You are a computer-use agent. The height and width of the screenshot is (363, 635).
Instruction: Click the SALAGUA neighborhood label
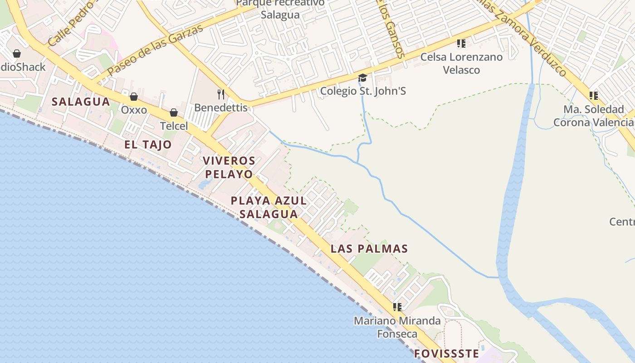pos(81,102)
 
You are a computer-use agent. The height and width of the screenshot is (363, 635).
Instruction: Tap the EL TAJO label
pos(148,145)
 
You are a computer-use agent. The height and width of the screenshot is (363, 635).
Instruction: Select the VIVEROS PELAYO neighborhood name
pos(229,167)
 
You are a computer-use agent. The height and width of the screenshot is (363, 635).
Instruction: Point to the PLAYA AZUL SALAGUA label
pos(269,207)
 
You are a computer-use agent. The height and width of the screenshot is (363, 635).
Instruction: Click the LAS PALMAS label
pos(369,249)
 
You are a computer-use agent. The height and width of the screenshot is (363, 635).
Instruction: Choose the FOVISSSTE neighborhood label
pos(446,353)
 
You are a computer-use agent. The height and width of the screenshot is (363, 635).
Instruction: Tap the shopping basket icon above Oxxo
pos(134,97)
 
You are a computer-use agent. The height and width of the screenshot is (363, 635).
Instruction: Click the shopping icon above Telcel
pos(174,113)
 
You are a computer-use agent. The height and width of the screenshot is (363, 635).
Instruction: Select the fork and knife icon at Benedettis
pos(221,94)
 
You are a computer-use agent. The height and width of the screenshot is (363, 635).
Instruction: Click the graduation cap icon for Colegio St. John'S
pos(362,78)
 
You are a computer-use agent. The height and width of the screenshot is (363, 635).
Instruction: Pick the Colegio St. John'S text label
pos(363,91)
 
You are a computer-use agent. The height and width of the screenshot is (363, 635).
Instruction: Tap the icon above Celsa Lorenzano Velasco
pos(461,44)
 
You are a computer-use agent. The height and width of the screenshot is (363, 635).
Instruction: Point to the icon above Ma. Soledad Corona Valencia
pos(593,96)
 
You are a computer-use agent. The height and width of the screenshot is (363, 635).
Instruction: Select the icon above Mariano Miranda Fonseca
pos(397,307)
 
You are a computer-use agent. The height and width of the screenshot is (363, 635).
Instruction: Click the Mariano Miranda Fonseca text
pos(397,327)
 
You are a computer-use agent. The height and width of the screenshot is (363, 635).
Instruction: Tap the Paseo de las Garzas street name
pos(155,50)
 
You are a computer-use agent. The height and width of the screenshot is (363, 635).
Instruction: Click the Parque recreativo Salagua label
pos(280,9)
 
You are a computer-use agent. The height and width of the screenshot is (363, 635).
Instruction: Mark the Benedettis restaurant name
pos(221,108)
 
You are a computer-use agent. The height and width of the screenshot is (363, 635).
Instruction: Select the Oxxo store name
pos(134,110)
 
